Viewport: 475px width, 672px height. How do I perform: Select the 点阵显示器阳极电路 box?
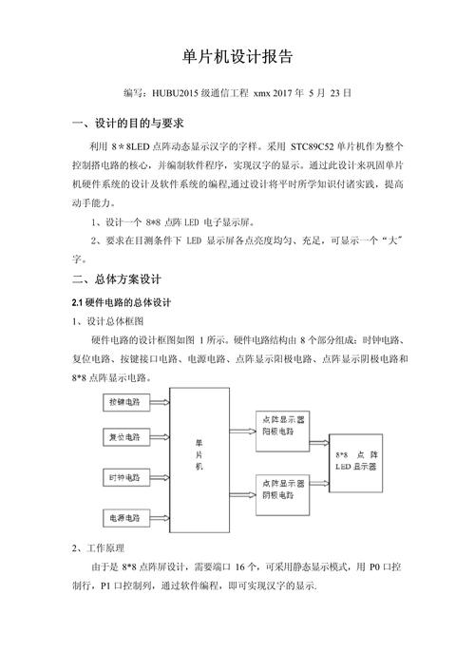281,422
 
